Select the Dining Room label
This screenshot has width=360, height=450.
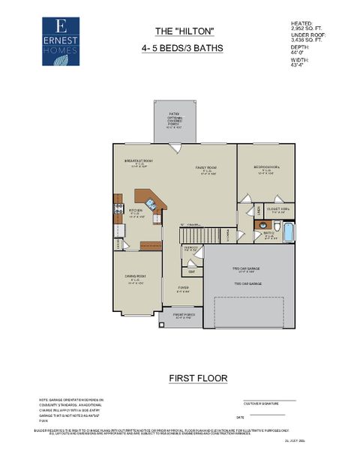pos(136,279)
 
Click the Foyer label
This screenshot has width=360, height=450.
pos(183,289)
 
